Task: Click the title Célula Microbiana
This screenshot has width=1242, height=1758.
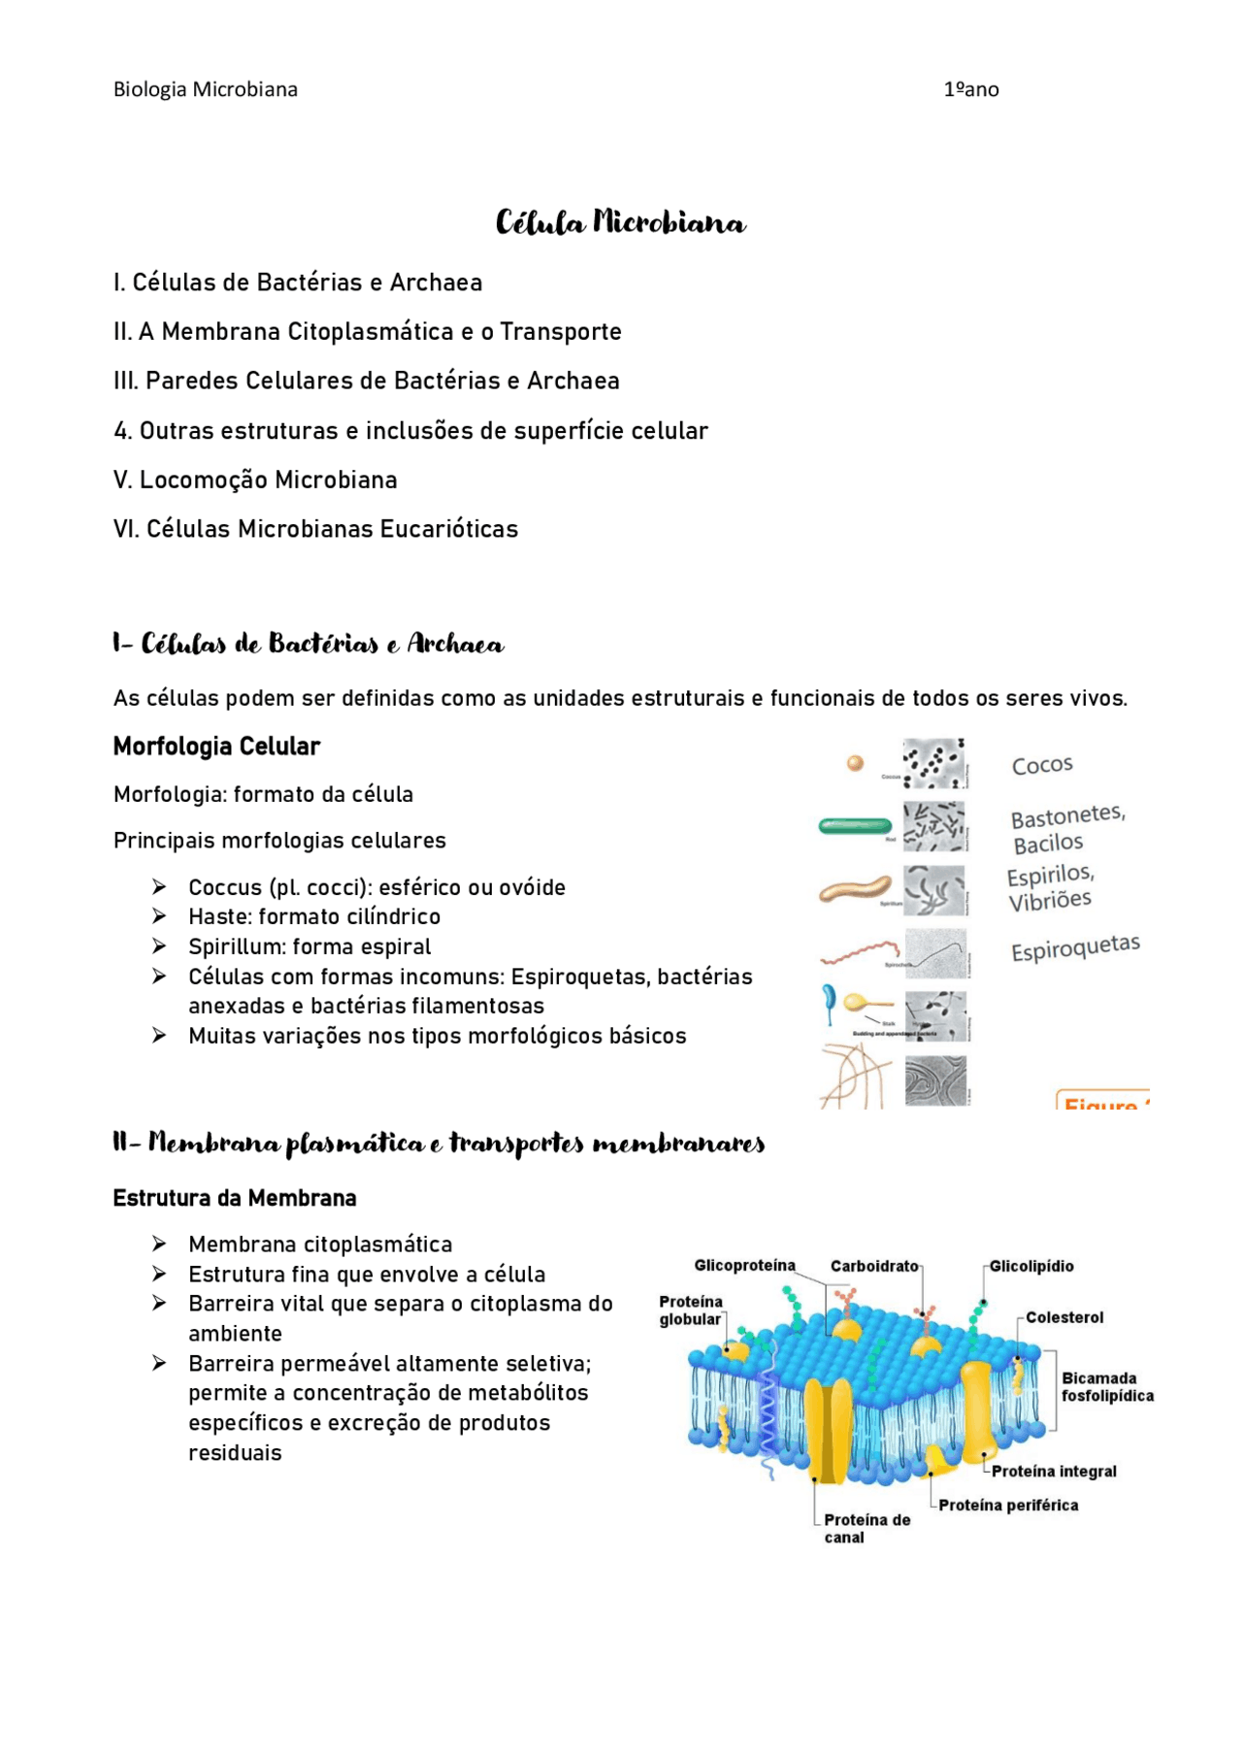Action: point(620,223)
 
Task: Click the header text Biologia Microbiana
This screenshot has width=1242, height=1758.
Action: point(206,89)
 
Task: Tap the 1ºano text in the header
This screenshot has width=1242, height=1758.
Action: point(970,89)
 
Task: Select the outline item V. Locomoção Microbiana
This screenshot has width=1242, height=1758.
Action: point(255,480)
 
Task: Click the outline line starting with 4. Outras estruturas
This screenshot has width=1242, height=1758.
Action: point(410,430)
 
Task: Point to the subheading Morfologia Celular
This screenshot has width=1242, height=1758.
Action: point(216,746)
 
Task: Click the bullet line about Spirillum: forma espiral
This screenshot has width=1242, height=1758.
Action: point(310,946)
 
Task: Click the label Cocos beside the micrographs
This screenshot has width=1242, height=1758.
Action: point(1042,765)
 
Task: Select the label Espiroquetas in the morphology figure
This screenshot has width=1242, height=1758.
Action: point(1075,947)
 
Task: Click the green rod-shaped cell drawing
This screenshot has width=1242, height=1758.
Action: point(855,826)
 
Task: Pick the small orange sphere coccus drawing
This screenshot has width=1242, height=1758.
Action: point(855,763)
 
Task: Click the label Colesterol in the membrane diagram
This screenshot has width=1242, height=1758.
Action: point(1064,1317)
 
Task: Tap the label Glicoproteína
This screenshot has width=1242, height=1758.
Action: point(744,1266)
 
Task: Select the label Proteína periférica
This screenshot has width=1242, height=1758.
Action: point(1008,1505)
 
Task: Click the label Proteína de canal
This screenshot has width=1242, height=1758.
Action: point(866,1528)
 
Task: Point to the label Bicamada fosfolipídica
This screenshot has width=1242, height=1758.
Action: point(1106,1386)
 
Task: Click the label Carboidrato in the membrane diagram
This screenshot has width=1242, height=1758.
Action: point(873,1266)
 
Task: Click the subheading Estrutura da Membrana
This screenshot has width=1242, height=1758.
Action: point(235,1198)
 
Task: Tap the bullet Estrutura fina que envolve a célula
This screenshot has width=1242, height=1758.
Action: point(367,1274)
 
